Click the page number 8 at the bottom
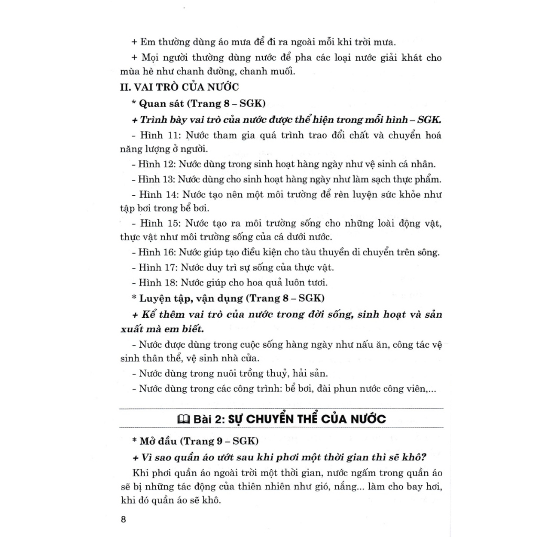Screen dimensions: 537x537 point(123,520)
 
